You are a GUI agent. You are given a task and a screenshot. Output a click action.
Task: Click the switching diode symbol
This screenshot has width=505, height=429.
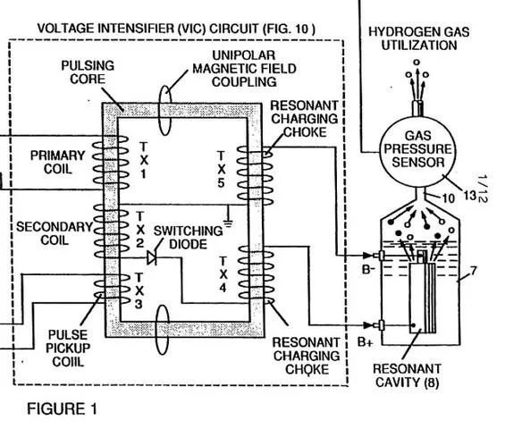152,257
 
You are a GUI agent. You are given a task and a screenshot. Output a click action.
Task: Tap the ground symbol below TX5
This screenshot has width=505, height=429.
228,223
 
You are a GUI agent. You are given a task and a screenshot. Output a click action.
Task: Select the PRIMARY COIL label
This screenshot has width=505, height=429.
57,162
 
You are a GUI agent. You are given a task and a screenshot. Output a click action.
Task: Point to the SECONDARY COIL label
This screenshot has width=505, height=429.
55,233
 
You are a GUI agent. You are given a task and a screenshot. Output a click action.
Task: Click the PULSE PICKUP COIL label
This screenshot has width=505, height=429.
68,348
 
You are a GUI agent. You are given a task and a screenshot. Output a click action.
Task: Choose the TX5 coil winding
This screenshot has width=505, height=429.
255,175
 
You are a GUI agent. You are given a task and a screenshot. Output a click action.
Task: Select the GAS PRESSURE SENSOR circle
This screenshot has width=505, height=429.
418,151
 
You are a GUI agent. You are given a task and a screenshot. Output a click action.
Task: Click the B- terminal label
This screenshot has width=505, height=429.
367,269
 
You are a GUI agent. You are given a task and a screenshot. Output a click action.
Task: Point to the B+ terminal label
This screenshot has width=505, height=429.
366,342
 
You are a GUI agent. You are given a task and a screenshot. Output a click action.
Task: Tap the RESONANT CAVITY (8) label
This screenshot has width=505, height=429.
407,375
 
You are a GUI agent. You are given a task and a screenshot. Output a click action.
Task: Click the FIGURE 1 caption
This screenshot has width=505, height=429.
62,409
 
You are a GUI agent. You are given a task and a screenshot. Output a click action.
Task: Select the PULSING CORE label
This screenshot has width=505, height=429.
88,72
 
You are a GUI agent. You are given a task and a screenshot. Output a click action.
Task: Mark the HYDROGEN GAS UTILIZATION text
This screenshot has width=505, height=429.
418,38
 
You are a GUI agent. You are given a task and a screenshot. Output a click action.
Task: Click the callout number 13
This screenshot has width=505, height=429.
469,196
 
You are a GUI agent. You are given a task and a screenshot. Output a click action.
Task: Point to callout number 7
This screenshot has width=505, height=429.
473,271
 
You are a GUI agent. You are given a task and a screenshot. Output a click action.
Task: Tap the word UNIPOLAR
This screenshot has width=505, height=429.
243,55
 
